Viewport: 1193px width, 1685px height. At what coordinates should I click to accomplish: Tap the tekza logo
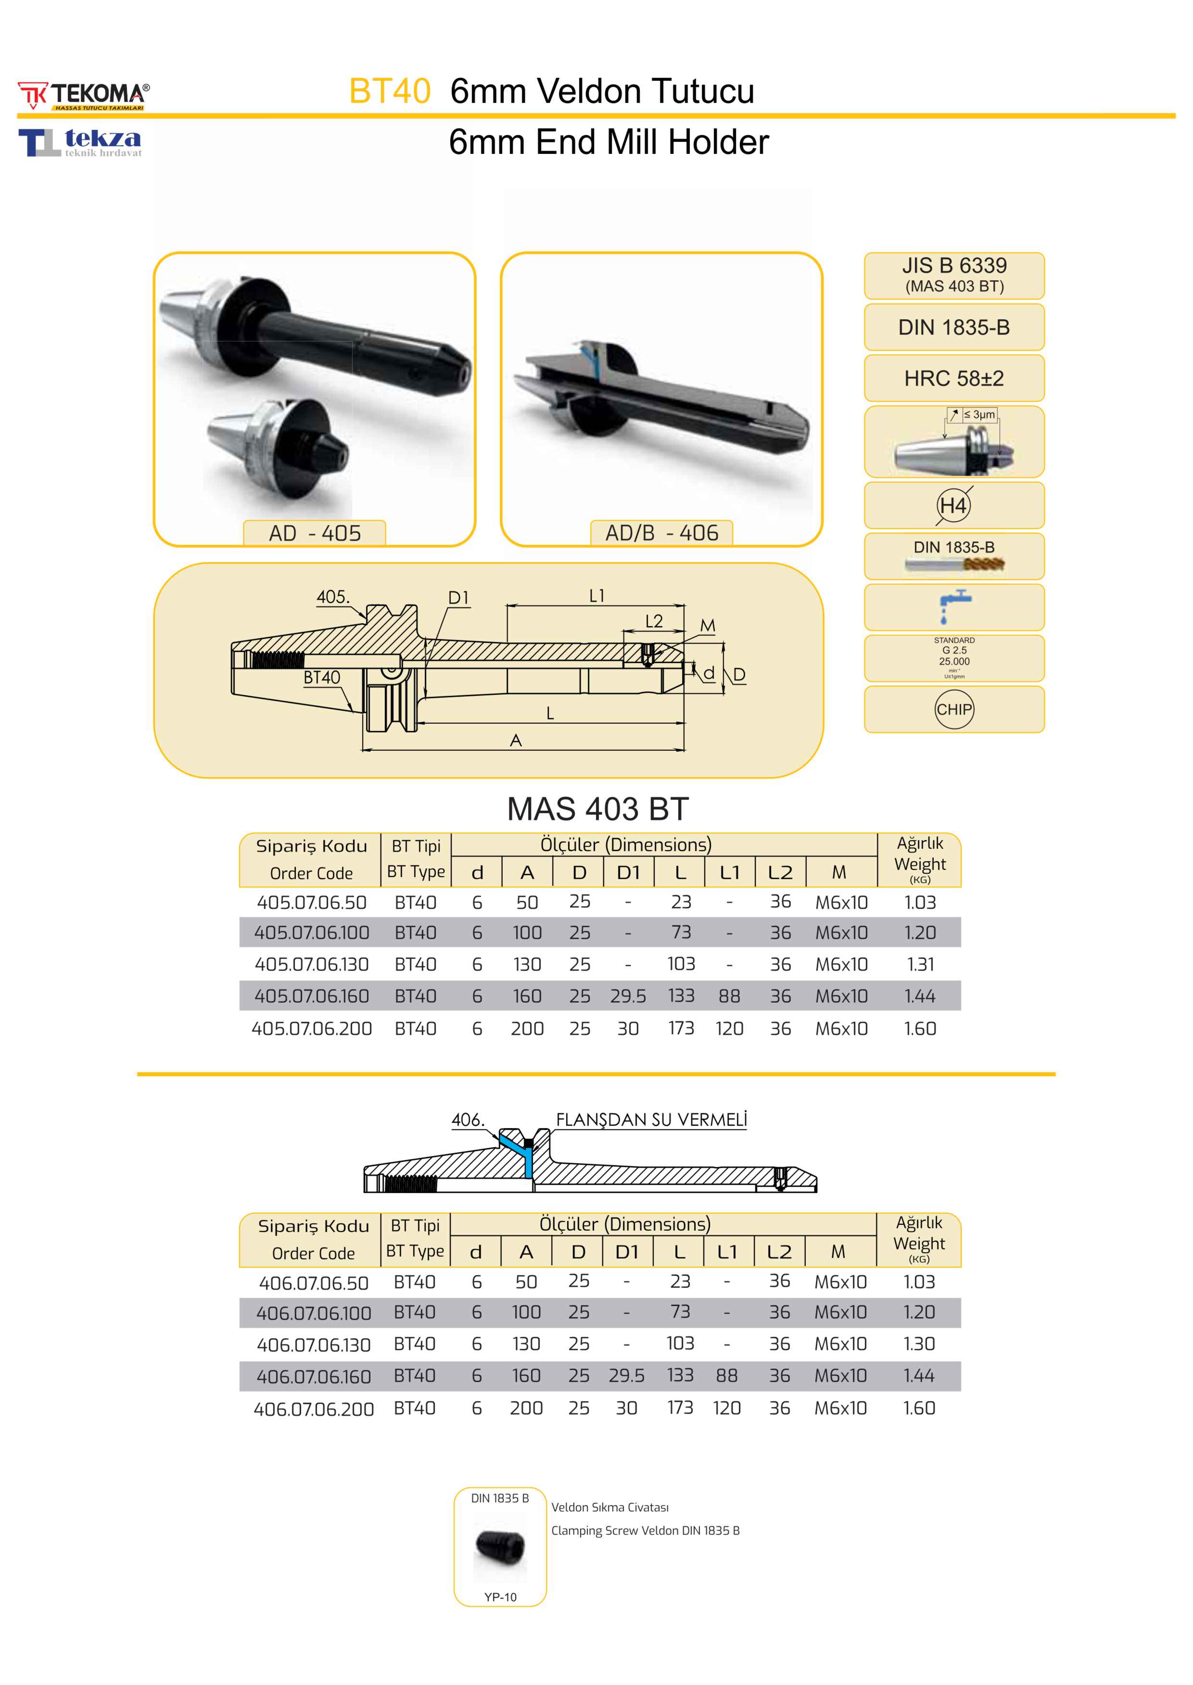[80, 142]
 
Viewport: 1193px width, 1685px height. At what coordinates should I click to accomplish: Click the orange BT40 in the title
[389, 91]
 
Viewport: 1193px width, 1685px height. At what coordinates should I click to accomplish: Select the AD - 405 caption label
[315, 533]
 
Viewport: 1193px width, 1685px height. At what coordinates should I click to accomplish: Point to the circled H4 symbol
[953, 505]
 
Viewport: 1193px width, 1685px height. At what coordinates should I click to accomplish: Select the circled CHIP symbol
[953, 709]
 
